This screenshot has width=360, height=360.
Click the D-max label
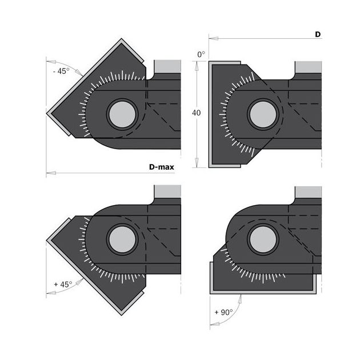pos(161,167)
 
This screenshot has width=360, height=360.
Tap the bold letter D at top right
pos(318,34)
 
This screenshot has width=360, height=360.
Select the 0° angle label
pos(201,55)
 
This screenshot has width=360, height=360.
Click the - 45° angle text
pos(61,71)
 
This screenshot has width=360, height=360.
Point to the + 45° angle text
pos(63,285)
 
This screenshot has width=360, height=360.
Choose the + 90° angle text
pos(223,312)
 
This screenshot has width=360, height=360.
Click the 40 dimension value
pos(197,113)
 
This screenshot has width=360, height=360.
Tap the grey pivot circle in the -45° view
pos(122,114)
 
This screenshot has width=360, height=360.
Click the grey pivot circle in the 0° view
pos(263,114)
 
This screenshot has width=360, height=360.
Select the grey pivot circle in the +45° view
pos(122,239)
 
